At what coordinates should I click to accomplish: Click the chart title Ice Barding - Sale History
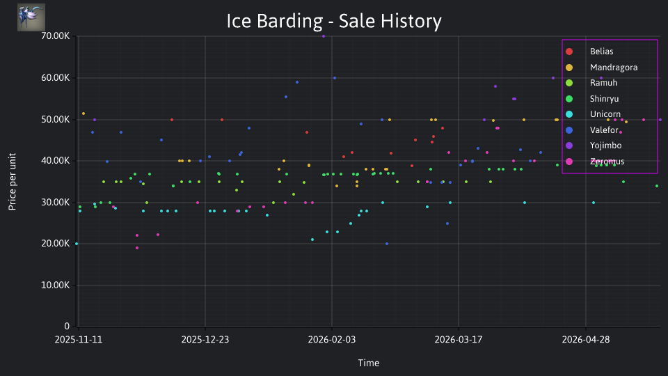pyautogui.click(x=334, y=21)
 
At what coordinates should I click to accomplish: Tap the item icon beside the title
pyautogui.click(x=31, y=17)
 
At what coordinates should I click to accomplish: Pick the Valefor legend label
pyautogui.click(x=604, y=130)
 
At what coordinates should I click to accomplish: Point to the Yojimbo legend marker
pyautogui.click(x=569, y=146)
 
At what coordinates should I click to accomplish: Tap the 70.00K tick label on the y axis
pyautogui.click(x=56, y=36)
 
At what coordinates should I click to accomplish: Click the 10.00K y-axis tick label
pyautogui.click(x=56, y=285)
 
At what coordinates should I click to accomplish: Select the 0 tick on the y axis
pyautogui.click(x=67, y=326)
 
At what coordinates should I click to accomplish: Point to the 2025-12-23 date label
pyautogui.click(x=205, y=340)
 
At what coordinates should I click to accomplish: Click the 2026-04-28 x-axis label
pyautogui.click(x=585, y=340)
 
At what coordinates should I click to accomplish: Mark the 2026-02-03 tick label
pyautogui.click(x=331, y=340)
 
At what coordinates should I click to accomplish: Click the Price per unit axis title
pyautogui.click(x=12, y=182)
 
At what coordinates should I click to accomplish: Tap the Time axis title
pyautogui.click(x=369, y=363)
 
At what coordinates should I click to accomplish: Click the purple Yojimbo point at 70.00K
pyautogui.click(x=324, y=36)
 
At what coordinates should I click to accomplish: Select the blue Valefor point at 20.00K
pyautogui.click(x=387, y=244)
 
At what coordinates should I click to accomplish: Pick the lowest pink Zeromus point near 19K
pyautogui.click(x=137, y=248)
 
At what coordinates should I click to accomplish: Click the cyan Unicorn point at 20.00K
pyautogui.click(x=77, y=244)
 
